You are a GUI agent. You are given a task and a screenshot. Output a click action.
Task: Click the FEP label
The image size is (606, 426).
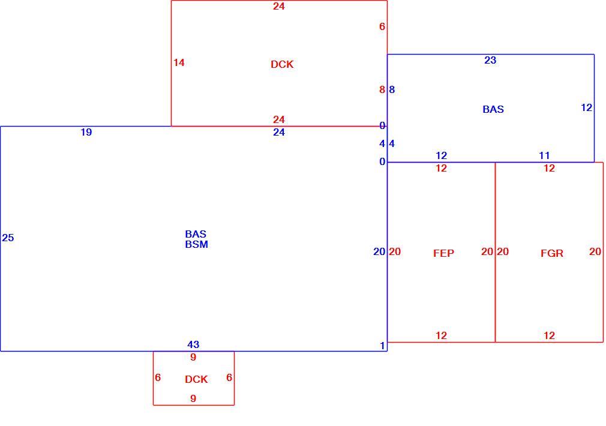[443, 253]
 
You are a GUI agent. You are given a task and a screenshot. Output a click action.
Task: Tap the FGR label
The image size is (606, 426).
[551, 253]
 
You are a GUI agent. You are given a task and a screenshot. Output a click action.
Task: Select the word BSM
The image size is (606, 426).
[196, 244]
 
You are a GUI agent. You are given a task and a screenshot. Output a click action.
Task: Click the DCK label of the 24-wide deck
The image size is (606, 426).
[282, 64]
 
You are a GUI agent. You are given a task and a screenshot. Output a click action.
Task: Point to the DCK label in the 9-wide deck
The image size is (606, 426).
[196, 379]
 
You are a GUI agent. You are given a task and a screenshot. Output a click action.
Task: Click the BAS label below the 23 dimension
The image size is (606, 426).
[493, 109]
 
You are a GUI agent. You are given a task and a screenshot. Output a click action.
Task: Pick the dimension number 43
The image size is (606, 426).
[193, 344]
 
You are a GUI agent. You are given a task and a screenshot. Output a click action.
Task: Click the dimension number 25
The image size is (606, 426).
[8, 238]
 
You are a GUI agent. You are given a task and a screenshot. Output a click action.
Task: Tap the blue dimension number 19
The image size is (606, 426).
[86, 132]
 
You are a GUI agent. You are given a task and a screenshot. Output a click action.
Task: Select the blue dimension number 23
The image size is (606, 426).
[490, 61]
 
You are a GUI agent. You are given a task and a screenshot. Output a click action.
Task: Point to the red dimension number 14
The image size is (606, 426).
[179, 62]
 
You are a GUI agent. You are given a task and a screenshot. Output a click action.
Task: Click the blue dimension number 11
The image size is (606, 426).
[544, 155]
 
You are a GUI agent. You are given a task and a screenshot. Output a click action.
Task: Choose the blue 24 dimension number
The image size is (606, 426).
[278, 132]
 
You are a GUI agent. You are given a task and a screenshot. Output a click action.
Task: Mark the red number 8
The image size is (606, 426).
[382, 89]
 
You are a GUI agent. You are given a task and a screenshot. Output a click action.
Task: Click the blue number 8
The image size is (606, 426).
[392, 89]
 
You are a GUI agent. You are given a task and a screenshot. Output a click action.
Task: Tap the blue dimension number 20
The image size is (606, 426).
[379, 251]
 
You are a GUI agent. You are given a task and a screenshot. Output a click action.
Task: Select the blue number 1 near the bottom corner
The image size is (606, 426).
[382, 346]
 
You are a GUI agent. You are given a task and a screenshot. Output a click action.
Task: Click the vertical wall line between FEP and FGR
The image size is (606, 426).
[495, 252]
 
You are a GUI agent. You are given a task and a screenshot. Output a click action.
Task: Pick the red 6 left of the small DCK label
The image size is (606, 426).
[158, 377]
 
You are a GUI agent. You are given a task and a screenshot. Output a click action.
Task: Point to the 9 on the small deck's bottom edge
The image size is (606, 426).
[193, 398]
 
